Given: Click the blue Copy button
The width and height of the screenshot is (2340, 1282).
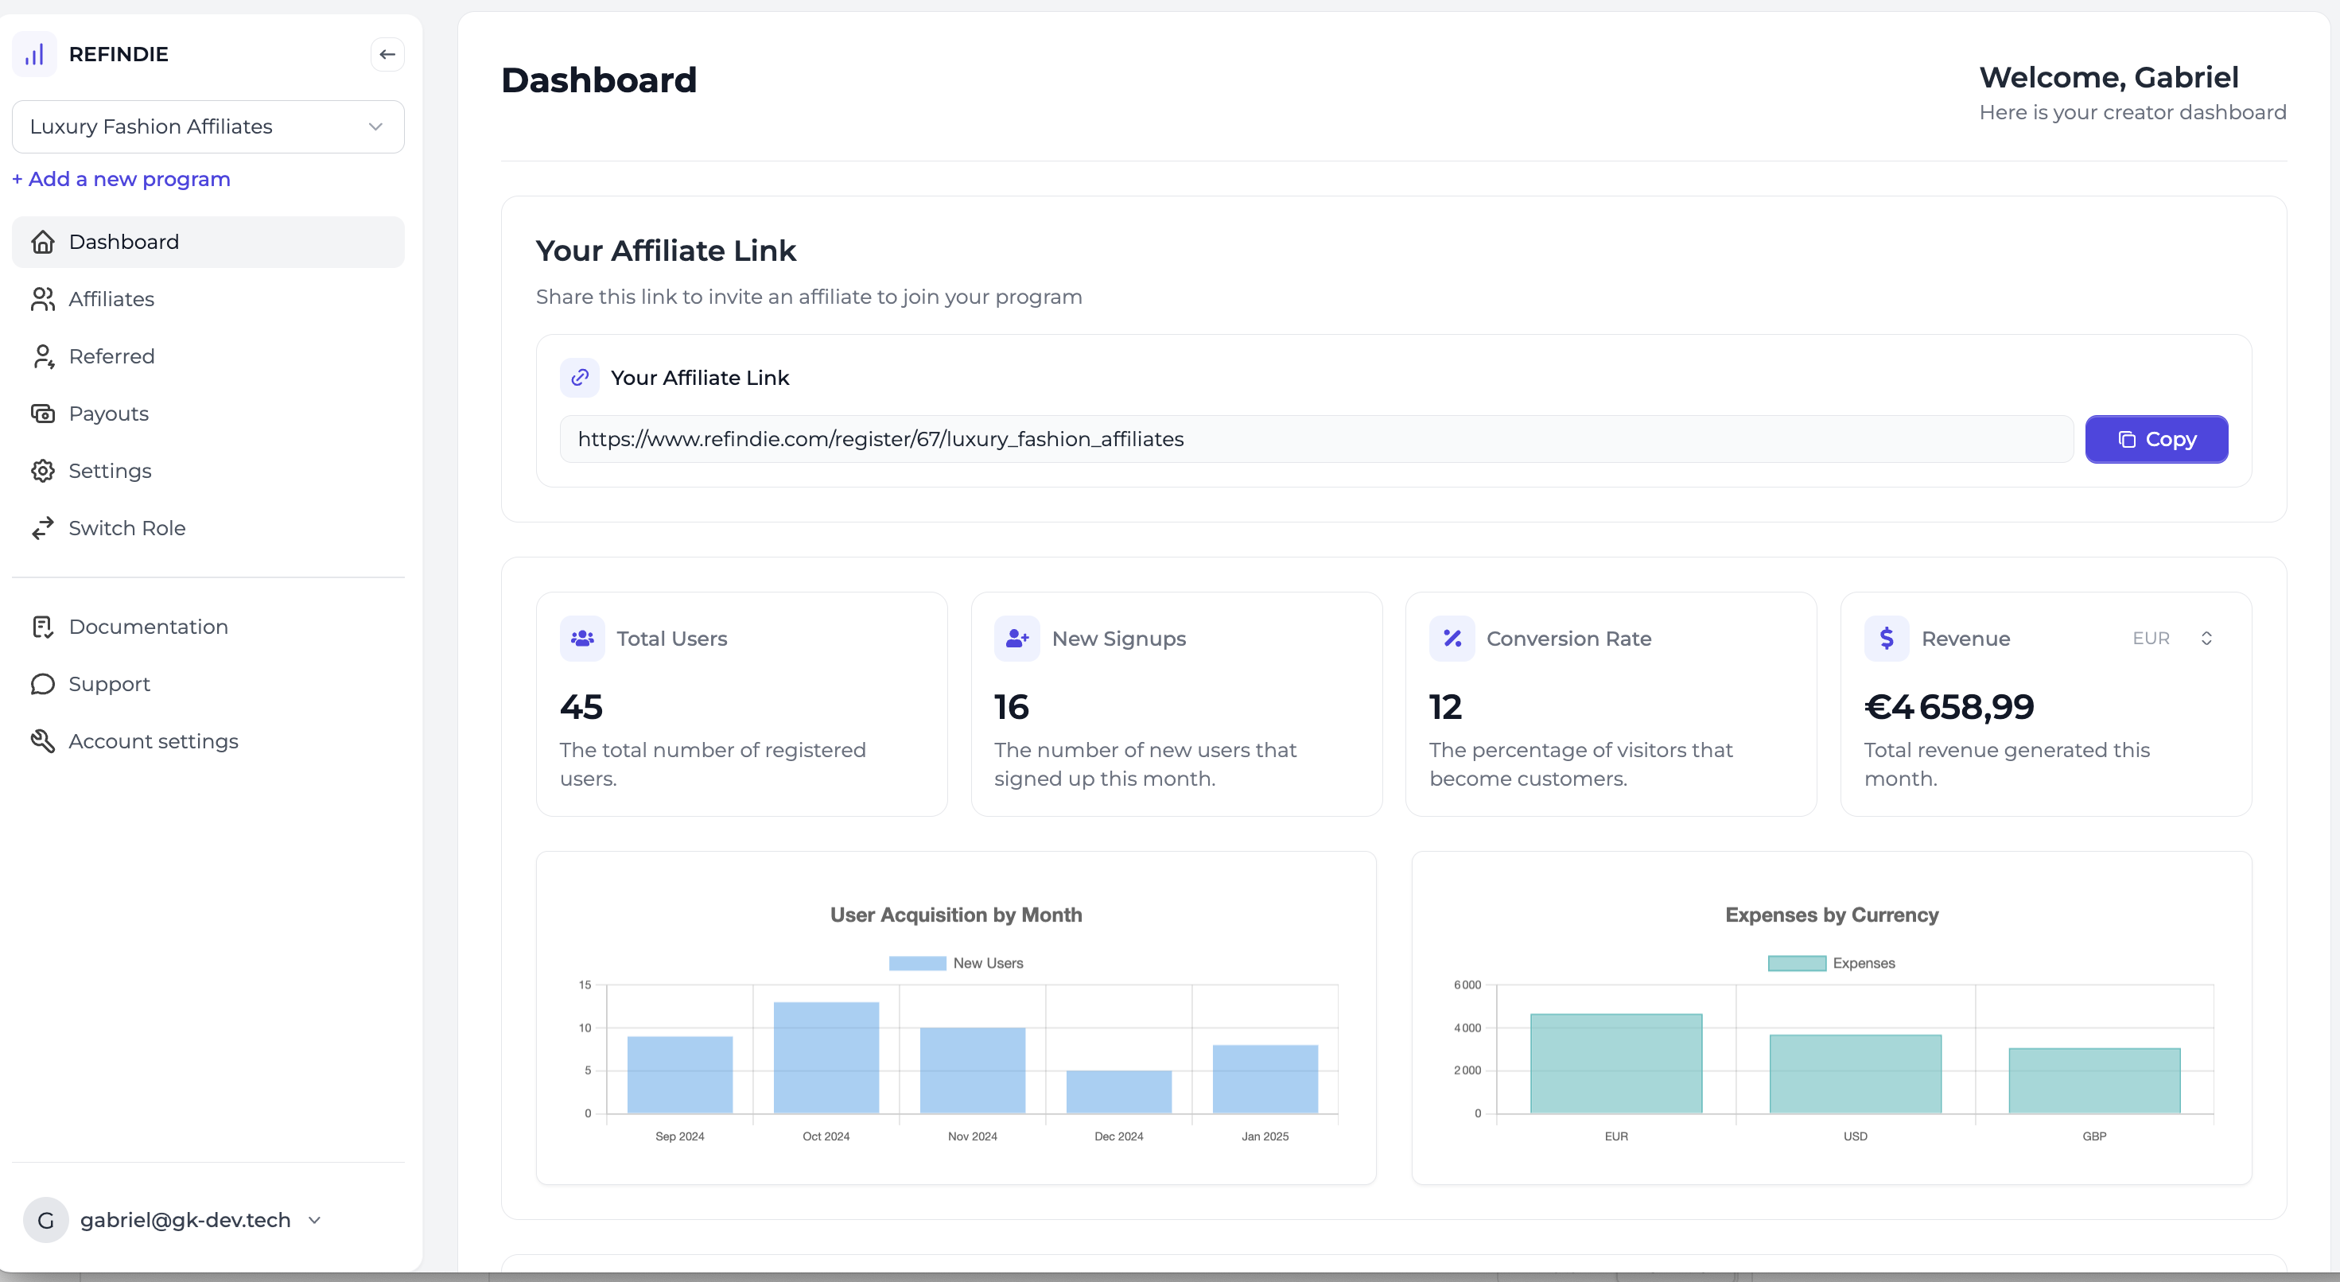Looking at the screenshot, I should point(2155,440).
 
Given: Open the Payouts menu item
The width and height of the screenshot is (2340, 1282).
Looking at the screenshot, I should point(108,414).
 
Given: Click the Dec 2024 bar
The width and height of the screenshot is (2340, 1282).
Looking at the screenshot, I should point(1118,1091).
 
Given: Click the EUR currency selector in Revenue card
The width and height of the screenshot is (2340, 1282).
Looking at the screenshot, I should point(2172,639).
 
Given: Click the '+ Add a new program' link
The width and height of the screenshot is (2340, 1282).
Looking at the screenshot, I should point(122,179).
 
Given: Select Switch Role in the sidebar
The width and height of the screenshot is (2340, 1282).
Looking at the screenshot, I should point(126,528).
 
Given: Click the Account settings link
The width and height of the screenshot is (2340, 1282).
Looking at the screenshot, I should point(153,741).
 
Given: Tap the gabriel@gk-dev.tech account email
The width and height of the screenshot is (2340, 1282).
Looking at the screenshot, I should point(185,1219).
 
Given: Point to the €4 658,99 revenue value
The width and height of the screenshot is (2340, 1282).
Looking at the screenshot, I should point(1949,707).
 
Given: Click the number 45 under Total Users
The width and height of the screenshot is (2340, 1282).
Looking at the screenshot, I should point(581,707).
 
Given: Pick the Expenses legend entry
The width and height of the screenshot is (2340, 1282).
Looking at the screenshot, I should point(1831,963).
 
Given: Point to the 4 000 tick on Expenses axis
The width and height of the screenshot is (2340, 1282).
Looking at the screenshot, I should point(1467,1028).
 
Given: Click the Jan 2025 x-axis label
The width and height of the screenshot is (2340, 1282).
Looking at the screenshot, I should point(1265,1136).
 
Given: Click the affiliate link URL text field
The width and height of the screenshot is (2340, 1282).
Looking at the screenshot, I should point(1316,440).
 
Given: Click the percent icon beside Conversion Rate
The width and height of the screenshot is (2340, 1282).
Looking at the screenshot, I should point(1452,639).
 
